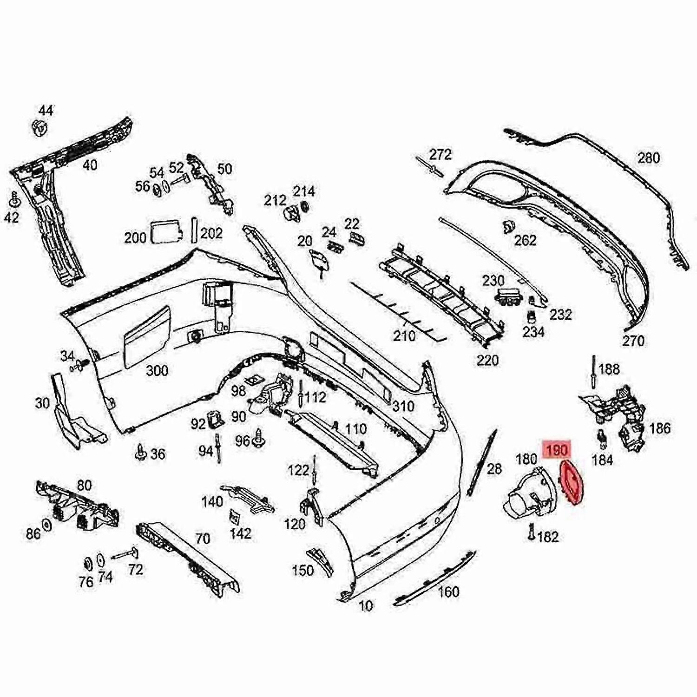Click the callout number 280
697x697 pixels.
[x=648, y=158]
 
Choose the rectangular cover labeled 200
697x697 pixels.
[x=164, y=231]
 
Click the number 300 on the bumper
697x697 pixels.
[x=157, y=370]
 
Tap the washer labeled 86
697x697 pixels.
[x=47, y=525]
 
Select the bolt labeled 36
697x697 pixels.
[x=140, y=452]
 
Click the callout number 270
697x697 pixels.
[x=633, y=341]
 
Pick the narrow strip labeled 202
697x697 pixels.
[x=194, y=230]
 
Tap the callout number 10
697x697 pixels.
[x=366, y=606]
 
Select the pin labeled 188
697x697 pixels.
[x=594, y=370]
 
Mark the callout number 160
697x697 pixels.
[x=448, y=592]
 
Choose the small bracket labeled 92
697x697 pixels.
[x=216, y=420]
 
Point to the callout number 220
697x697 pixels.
[x=487, y=360]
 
